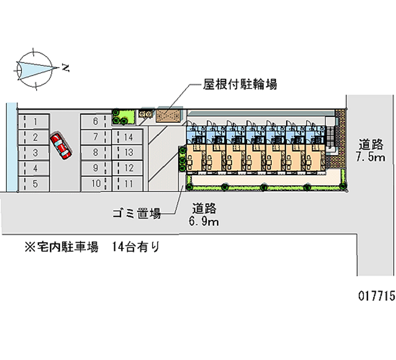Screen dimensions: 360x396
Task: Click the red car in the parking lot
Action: coord(60,146)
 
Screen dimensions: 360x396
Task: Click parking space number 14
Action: coord(128,137)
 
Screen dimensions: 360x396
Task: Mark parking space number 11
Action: coord(128,184)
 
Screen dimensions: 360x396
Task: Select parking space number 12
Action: coord(128,168)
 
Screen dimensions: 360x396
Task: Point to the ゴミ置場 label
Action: coord(135,214)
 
